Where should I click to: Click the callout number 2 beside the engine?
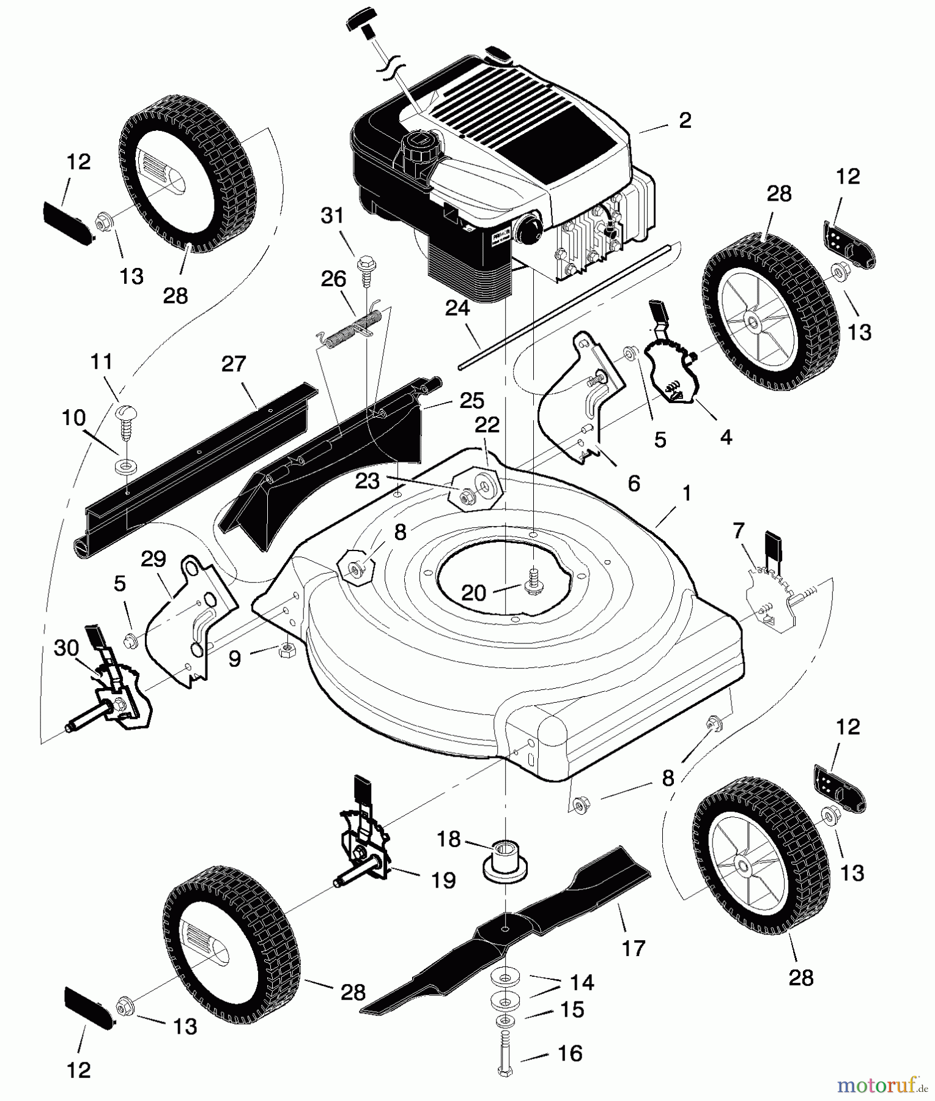(x=685, y=120)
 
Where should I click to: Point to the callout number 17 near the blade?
(x=633, y=948)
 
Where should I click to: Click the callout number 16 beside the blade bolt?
(x=570, y=1053)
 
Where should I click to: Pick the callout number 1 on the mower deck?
(x=687, y=493)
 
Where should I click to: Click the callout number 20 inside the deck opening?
(x=473, y=592)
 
